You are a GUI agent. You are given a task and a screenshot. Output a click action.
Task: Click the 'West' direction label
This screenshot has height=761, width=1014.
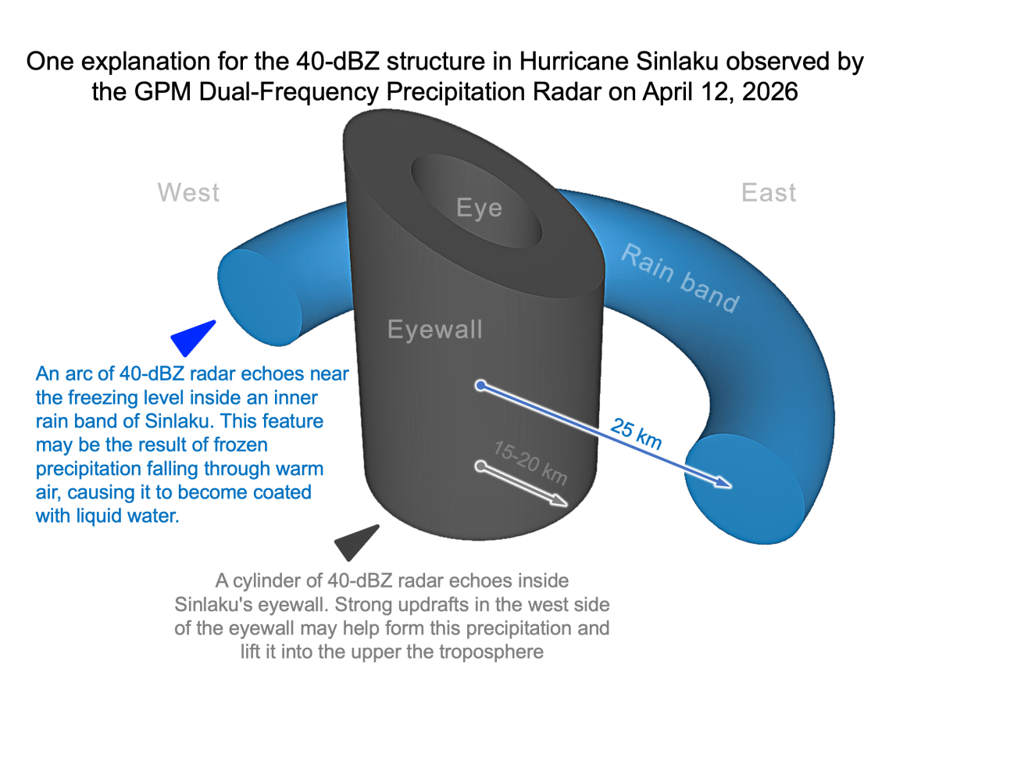click(188, 192)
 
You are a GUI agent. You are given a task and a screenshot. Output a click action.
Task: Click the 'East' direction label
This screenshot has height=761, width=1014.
click(769, 192)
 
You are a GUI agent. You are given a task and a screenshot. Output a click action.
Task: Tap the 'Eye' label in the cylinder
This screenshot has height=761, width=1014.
click(479, 208)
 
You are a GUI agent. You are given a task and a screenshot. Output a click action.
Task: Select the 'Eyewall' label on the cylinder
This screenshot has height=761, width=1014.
click(435, 329)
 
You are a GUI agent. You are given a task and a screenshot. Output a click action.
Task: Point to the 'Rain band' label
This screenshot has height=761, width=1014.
click(680, 278)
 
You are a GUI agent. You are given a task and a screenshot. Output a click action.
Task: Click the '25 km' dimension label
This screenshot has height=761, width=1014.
click(637, 434)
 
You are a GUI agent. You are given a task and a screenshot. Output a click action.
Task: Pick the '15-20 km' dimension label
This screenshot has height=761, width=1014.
click(530, 462)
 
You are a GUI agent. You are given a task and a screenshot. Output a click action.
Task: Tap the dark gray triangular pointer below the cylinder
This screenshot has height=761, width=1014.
click(356, 541)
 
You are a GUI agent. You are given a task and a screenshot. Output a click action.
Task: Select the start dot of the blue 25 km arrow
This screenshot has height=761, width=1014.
click(481, 385)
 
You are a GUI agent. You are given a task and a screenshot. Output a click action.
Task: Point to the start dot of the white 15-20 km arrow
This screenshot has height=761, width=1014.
click(480, 466)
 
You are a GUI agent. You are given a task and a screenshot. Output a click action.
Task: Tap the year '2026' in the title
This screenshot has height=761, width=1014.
click(769, 91)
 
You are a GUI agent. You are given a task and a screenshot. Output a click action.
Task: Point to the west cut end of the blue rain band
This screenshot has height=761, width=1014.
click(258, 297)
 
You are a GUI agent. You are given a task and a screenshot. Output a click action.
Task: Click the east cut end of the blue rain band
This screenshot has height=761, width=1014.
click(744, 489)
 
